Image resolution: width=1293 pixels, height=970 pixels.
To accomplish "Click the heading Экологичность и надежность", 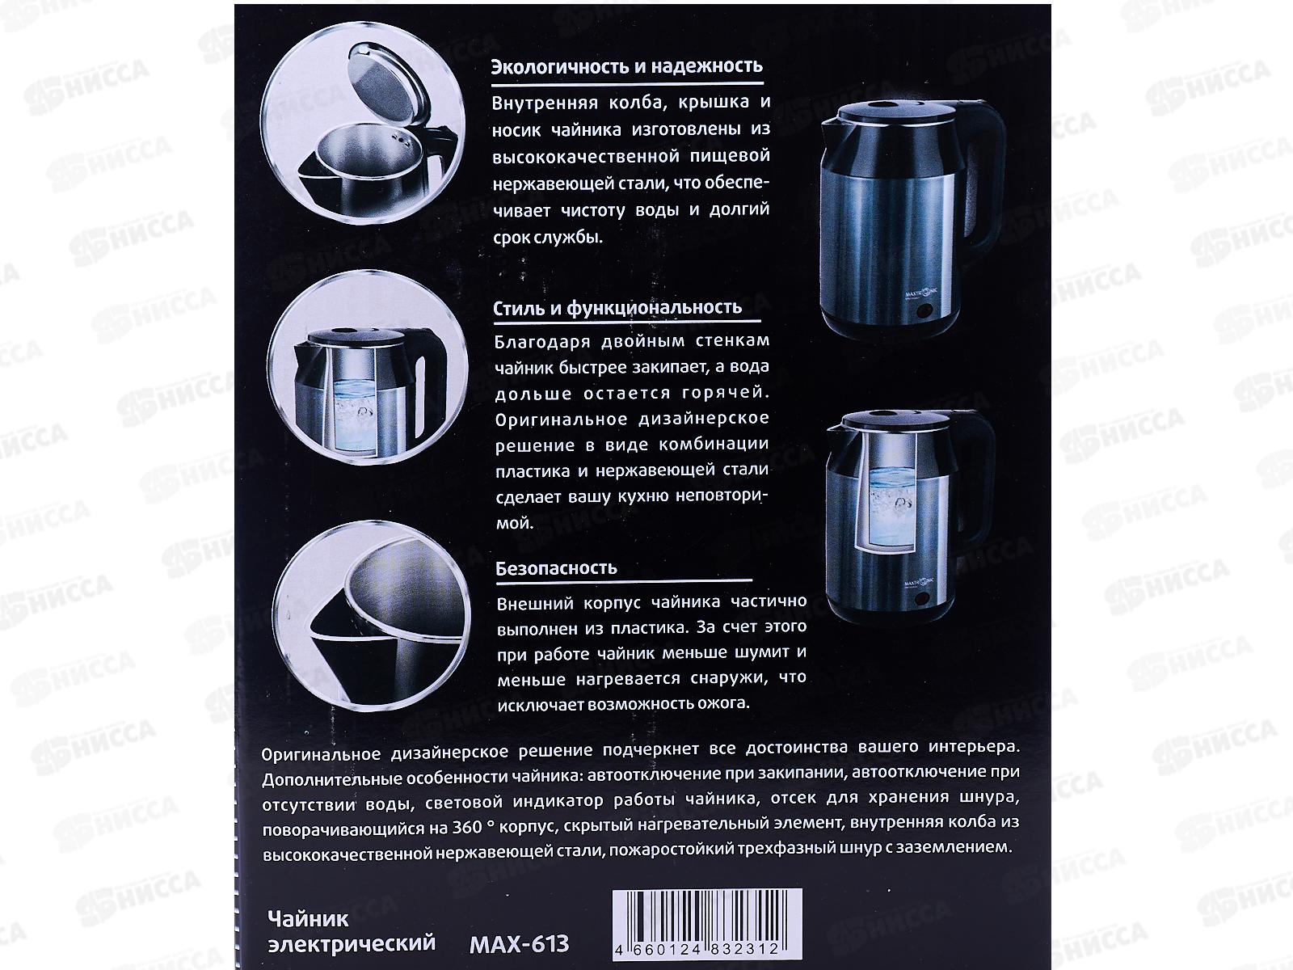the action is [x=627, y=66].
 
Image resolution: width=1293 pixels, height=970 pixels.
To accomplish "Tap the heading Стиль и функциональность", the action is [x=617, y=307].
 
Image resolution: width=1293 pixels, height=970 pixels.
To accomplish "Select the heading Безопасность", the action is [x=556, y=568].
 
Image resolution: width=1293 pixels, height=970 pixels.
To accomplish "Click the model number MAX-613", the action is [x=519, y=944].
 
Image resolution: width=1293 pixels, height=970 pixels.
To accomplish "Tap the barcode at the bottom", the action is [x=707, y=924].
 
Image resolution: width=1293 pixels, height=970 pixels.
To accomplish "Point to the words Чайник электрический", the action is [x=352, y=931].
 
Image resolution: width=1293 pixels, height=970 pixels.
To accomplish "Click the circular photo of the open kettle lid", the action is [x=362, y=124].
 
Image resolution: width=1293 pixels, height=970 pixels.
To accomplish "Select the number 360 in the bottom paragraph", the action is [x=468, y=827].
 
